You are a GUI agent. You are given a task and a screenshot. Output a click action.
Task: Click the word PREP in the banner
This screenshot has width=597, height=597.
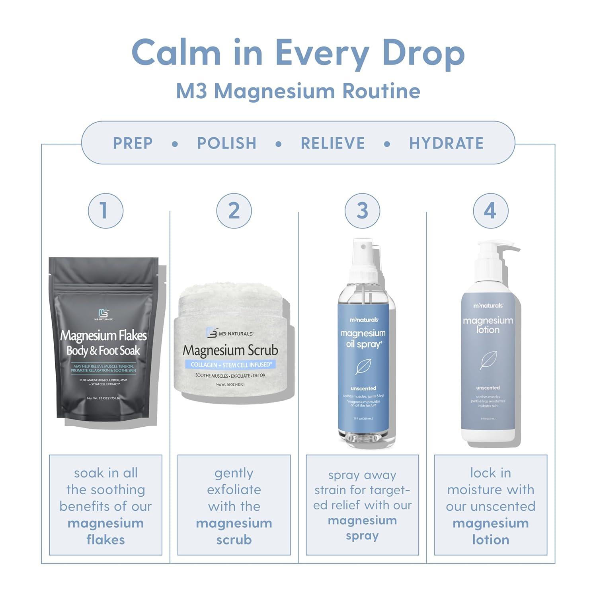point(133,143)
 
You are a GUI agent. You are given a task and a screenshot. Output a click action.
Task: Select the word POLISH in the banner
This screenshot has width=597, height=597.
point(227,143)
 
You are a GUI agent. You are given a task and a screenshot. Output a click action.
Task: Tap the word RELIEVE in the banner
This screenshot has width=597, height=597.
point(333,143)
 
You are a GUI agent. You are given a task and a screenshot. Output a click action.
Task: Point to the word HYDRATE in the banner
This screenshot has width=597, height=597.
point(446,143)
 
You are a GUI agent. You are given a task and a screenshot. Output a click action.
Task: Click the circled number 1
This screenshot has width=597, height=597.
point(105,211)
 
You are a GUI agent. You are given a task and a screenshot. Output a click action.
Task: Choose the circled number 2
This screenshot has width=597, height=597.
point(234,211)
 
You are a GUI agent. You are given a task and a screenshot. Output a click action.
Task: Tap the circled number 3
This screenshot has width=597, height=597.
point(362,211)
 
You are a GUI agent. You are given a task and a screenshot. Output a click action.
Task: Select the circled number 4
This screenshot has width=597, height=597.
point(490,211)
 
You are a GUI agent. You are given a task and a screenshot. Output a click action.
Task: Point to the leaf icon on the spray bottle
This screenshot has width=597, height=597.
point(363,367)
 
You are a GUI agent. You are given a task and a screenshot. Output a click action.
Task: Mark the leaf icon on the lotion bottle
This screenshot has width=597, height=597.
point(488,360)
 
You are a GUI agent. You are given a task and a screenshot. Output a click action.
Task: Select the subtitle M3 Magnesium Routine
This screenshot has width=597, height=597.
point(298,91)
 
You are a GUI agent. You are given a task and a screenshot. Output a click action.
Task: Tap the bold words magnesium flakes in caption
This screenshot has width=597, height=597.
point(105,531)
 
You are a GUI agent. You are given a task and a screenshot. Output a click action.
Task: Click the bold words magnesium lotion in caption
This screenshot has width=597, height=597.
point(490,531)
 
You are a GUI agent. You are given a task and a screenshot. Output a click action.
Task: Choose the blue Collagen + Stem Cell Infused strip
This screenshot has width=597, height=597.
point(231,365)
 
